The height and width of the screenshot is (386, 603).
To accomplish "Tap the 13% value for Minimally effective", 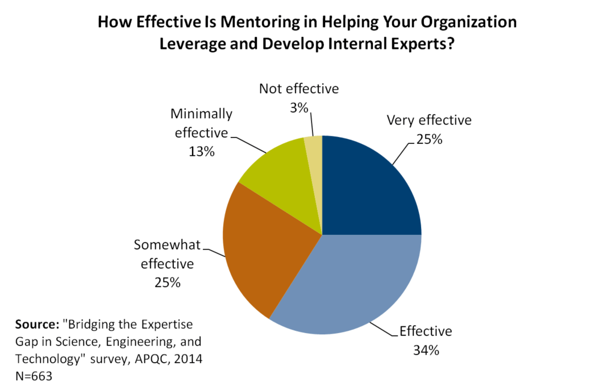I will point(202,152).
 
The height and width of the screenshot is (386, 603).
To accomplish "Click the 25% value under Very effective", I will point(429,138).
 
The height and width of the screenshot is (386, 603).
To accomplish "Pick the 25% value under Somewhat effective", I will point(167,282).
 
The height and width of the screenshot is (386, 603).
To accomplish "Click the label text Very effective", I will point(429,121).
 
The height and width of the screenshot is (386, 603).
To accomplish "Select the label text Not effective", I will point(299,89).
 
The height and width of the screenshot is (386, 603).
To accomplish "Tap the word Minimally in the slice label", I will point(202,114).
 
